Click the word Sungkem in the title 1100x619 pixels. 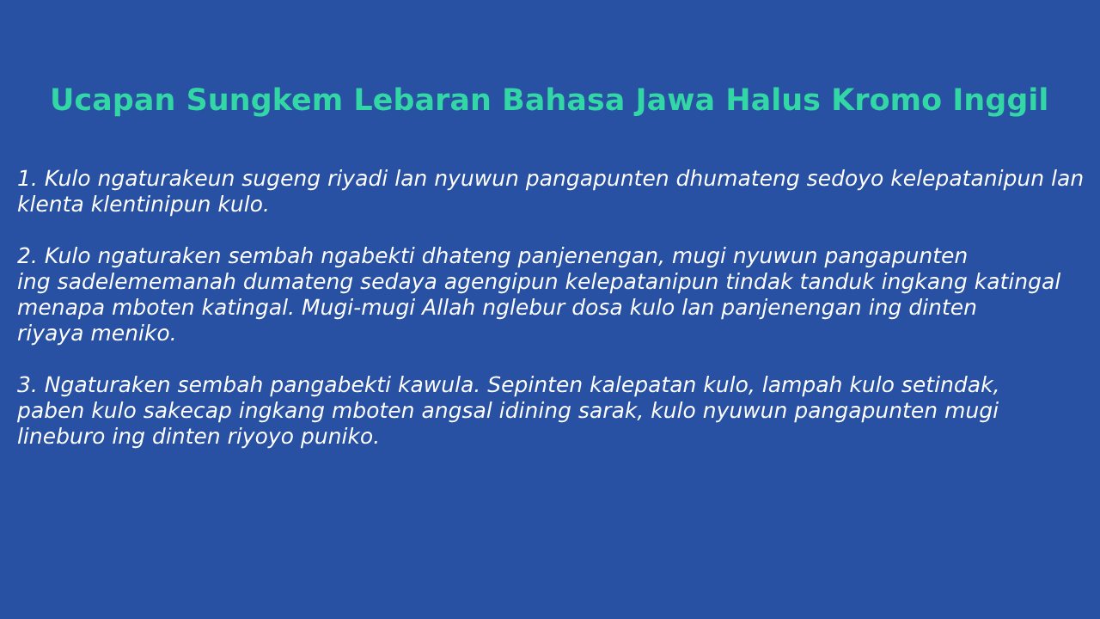tap(264, 101)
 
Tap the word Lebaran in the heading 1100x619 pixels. tap(422, 100)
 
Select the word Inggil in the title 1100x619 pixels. tap(1000, 101)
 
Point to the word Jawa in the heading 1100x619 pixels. tap(674, 101)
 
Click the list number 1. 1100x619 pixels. tap(27, 178)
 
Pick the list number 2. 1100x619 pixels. tap(27, 256)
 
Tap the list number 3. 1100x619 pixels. tap(27, 384)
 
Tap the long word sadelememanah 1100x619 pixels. tap(146, 282)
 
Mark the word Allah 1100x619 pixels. tap(448, 308)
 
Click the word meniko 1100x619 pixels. tap(133, 334)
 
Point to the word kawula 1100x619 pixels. tap(438, 384)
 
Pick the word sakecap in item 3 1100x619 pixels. tap(187, 412)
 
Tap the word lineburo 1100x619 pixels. tap(61, 436)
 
